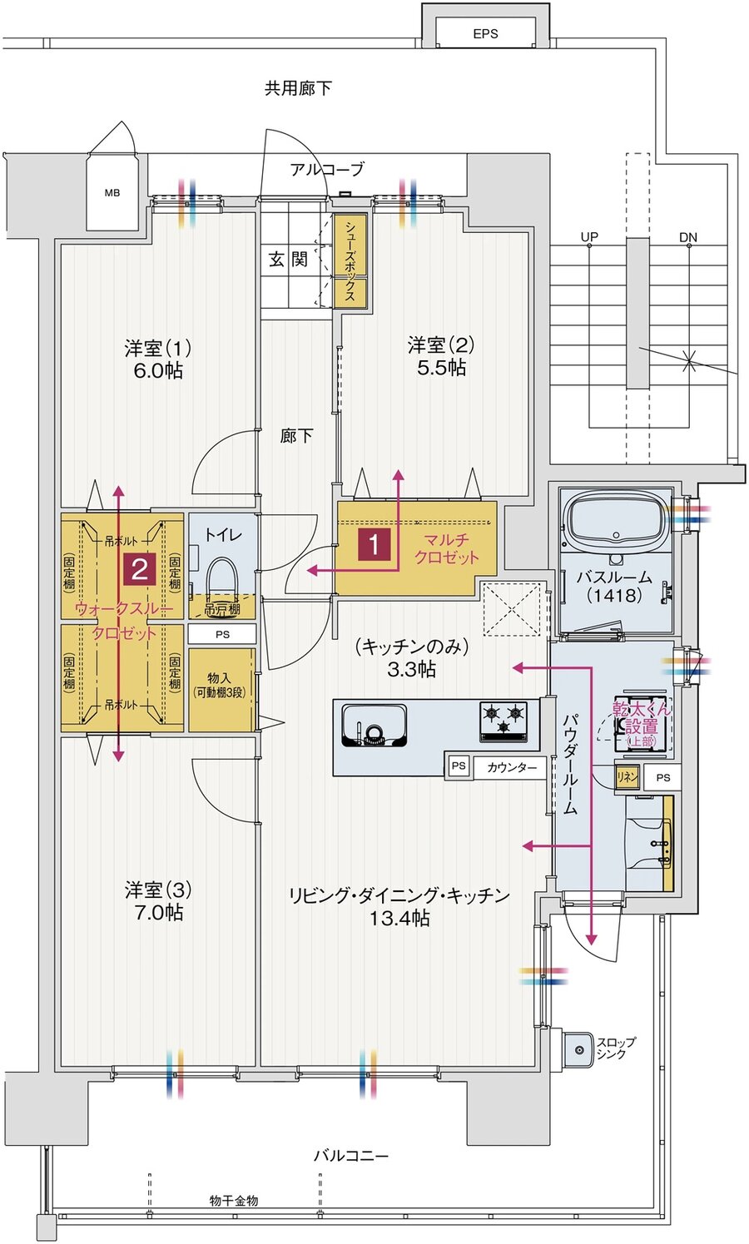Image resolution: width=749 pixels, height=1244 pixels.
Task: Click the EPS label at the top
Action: click(485, 33)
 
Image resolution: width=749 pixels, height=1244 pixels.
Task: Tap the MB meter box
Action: click(112, 193)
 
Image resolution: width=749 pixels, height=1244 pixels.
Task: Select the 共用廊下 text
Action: click(298, 87)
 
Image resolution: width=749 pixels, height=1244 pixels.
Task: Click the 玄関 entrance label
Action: click(288, 260)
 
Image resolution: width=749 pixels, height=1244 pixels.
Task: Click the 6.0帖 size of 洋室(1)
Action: click(158, 371)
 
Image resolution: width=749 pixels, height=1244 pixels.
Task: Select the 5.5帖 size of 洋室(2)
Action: click(441, 368)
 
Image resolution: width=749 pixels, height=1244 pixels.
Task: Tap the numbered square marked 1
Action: click(374, 545)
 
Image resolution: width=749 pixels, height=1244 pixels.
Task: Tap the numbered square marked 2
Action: click(139, 569)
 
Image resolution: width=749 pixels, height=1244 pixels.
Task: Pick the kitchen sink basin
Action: click(374, 725)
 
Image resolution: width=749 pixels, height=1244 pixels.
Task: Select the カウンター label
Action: click(512, 767)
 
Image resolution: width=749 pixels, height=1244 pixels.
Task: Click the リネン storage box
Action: click(627, 776)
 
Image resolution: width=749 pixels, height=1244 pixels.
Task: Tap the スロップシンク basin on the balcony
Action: click(577, 1048)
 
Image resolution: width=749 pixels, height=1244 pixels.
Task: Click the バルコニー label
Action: click(350, 1156)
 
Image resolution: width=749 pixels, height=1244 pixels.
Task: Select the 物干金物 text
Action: click(234, 1200)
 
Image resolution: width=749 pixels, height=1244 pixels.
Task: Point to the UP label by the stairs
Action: click(589, 237)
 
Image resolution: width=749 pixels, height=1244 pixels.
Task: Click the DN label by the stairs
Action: click(687, 237)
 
